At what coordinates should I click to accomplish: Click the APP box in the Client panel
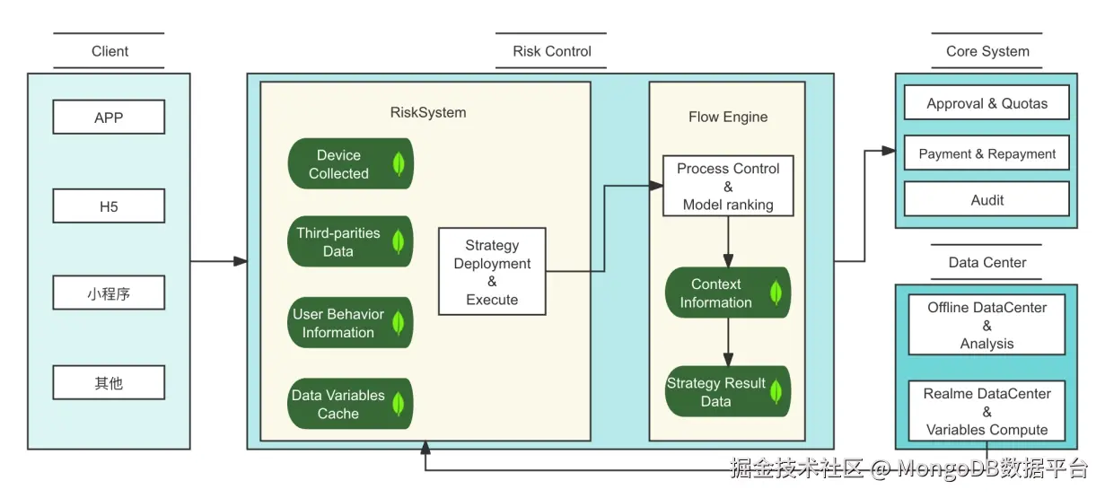point(109,118)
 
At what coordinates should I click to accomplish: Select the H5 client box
point(109,206)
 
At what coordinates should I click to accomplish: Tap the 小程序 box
point(109,293)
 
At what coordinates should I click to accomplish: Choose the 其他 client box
point(109,382)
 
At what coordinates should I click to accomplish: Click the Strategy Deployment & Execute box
point(492,272)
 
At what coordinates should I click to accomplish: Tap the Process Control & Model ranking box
point(727,187)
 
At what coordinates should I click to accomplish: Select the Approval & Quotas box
point(987,103)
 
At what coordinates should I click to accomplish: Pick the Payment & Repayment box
point(987,153)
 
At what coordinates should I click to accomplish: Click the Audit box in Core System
point(987,200)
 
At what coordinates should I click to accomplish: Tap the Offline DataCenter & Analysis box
point(987,325)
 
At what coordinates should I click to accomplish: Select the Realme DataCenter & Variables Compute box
point(987,411)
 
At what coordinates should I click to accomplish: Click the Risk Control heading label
point(552,51)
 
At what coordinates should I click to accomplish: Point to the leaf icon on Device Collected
point(399,163)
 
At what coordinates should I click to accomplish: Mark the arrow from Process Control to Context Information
point(727,240)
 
